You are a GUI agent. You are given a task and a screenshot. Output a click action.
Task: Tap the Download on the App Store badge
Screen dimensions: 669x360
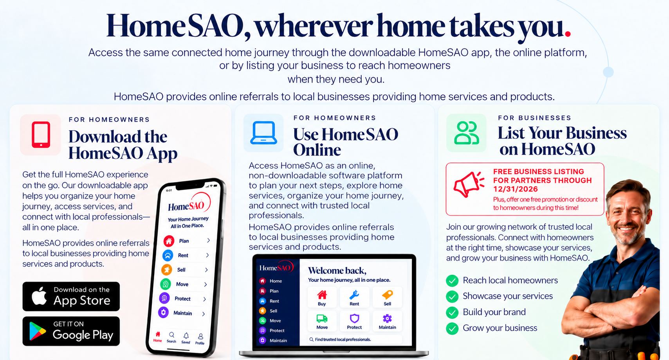(x=71, y=297)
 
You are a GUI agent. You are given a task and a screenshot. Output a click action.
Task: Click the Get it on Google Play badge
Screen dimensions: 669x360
(x=71, y=331)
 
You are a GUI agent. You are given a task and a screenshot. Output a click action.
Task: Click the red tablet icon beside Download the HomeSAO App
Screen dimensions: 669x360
(x=41, y=135)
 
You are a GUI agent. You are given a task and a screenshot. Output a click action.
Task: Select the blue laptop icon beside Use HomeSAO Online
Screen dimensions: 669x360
(x=263, y=133)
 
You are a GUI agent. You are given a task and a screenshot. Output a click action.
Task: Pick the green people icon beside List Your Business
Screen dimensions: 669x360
(x=466, y=133)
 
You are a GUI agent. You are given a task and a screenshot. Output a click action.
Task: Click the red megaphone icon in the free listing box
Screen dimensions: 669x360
(x=469, y=184)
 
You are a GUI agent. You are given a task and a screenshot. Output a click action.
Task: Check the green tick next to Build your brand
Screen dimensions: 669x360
(x=452, y=313)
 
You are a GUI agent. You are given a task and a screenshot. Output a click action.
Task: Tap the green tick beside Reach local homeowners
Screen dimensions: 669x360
(x=452, y=281)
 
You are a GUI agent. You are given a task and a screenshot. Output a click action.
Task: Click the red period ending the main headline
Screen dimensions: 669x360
(x=568, y=33)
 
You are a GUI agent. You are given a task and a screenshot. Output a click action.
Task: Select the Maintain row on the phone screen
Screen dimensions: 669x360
(x=182, y=313)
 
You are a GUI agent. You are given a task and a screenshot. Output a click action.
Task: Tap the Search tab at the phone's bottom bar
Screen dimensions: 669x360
(x=171, y=337)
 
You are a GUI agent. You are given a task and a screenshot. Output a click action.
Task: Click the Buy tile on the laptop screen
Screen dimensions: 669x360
(x=322, y=297)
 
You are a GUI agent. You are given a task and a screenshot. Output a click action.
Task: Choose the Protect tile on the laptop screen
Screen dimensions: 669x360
(x=355, y=321)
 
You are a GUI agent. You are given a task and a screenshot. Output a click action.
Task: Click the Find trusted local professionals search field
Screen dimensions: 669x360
(x=355, y=339)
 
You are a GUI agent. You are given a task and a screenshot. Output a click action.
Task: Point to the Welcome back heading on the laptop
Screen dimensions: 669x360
(x=337, y=270)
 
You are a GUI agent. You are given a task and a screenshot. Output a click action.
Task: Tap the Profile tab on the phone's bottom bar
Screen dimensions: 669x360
(x=200, y=339)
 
